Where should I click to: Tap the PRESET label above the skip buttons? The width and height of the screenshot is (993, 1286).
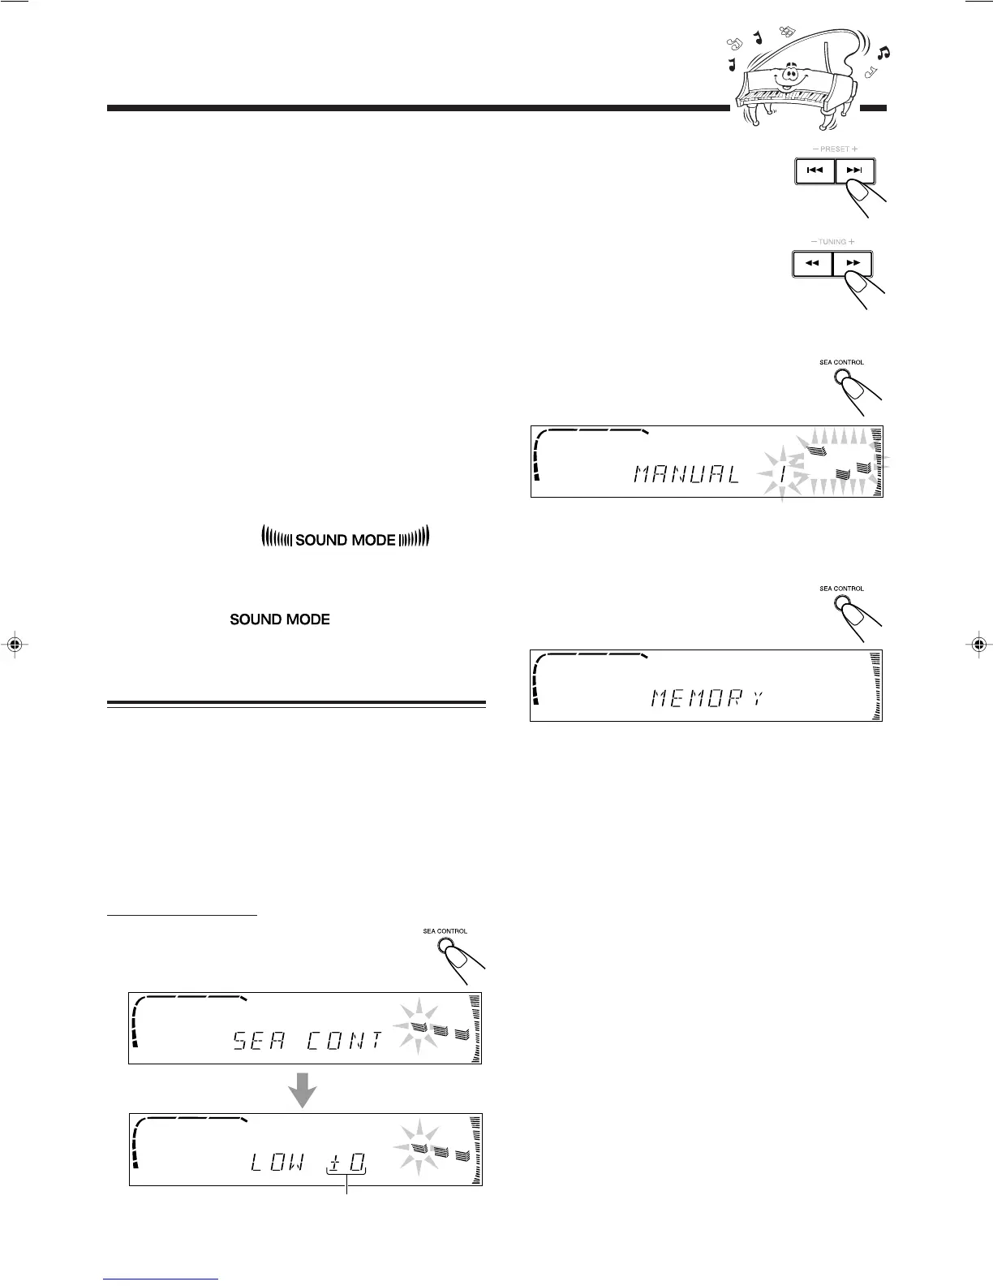click(835, 149)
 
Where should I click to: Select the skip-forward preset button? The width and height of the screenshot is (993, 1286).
click(854, 170)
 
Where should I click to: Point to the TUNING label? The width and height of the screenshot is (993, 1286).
click(832, 242)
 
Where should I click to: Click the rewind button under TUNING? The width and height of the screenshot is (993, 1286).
click(813, 264)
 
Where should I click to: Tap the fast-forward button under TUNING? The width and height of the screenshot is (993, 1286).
click(852, 264)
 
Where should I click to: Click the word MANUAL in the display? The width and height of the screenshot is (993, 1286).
click(686, 473)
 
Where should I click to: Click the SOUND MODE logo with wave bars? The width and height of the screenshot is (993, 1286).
click(346, 539)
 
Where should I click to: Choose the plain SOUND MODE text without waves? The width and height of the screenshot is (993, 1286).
click(280, 619)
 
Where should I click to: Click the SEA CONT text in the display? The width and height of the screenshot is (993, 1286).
click(307, 1040)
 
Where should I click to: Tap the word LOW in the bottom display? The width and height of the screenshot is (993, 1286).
click(278, 1163)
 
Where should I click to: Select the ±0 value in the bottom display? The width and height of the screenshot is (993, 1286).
click(347, 1163)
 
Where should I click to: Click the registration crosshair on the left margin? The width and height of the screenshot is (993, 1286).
click(12, 645)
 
